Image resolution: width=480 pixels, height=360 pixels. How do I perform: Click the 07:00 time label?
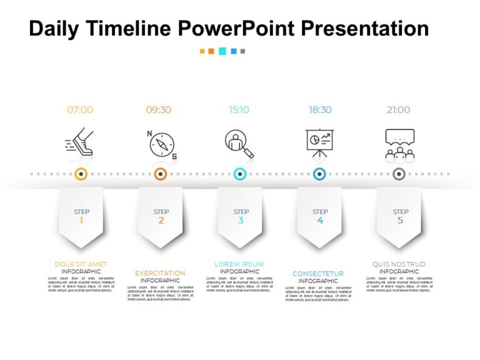80,110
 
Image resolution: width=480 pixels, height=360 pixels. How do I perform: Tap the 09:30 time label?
159,110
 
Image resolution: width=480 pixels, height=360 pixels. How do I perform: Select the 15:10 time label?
239,110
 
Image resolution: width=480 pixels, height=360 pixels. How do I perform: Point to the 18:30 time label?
320,110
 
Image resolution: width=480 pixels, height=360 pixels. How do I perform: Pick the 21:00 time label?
398,110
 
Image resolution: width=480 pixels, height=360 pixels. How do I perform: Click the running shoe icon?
79,142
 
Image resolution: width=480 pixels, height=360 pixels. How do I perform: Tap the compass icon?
161,144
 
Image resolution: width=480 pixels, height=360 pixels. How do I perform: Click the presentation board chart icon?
320,142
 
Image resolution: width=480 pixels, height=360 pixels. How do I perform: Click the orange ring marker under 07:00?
81,174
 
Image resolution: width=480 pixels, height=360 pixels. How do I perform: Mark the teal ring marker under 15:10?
240,174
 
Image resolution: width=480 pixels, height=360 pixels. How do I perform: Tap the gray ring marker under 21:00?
399,174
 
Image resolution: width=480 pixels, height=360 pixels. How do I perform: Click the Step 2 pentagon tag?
161,216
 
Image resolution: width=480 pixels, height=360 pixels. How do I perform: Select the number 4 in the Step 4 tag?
320,221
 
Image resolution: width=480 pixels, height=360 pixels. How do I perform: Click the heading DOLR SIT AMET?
81,264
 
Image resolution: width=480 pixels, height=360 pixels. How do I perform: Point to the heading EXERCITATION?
160,273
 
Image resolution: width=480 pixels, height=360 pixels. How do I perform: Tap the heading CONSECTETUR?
318,274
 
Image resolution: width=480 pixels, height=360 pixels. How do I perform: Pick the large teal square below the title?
222,51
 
